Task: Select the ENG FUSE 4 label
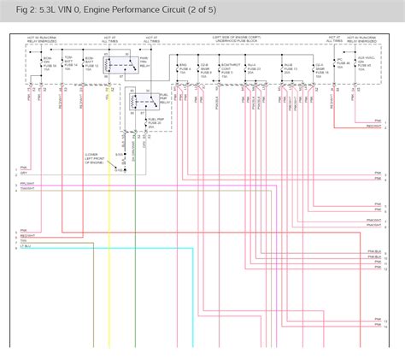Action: tap(183, 70)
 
